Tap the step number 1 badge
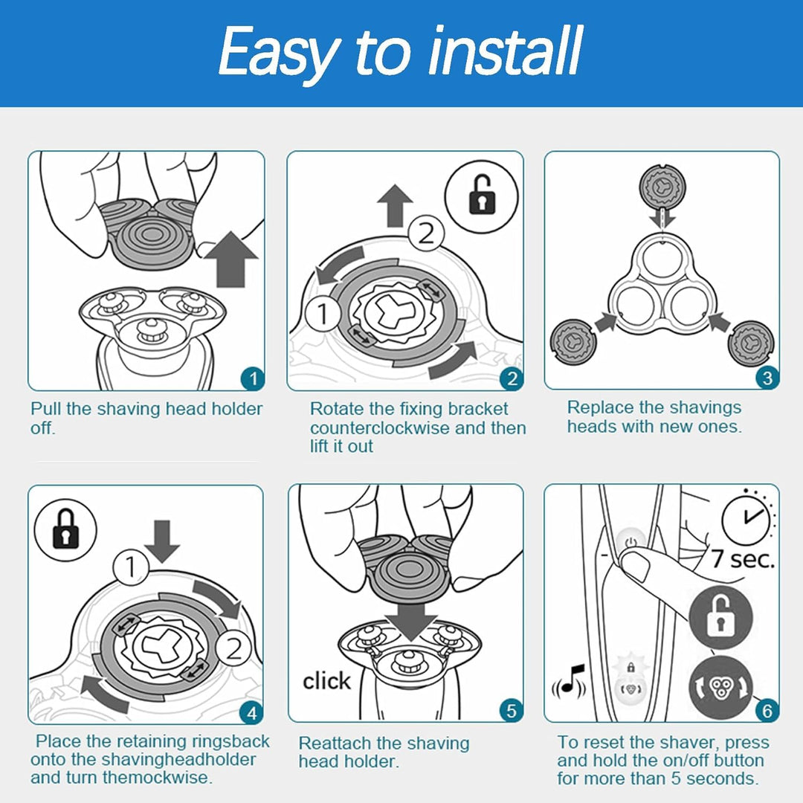click(253, 379)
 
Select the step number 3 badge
click(767, 378)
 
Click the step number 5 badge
click(511, 711)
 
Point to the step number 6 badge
click(767, 711)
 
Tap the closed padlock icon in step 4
click(65, 529)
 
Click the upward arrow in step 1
click(231, 259)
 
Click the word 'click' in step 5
click(326, 681)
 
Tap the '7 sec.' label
click(743, 558)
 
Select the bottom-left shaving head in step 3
click(571, 341)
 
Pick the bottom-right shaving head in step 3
click(751, 343)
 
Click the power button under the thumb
click(631, 542)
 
